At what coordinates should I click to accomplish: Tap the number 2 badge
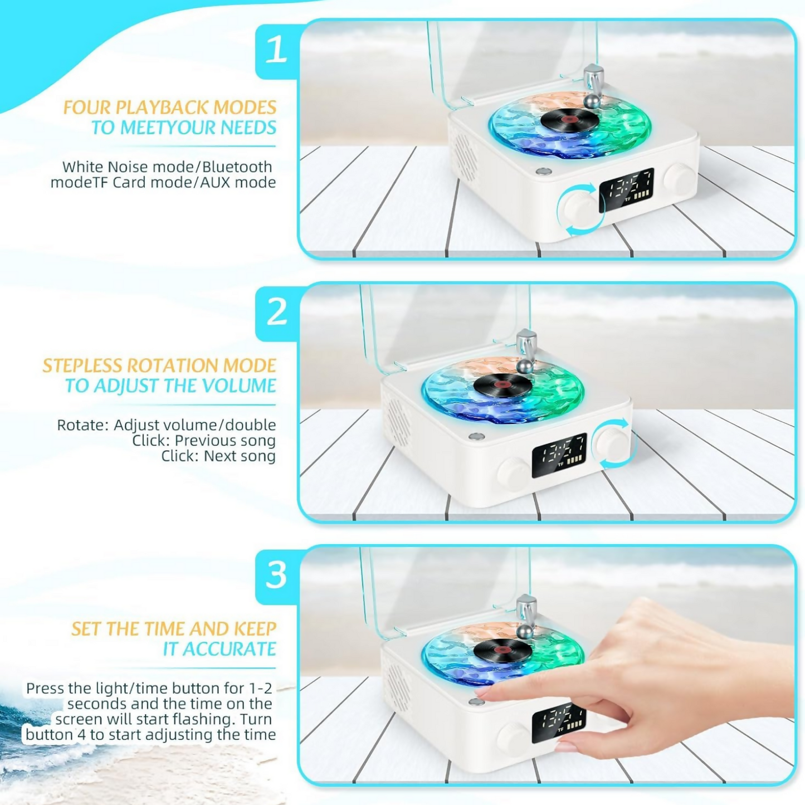pyautogui.click(x=276, y=312)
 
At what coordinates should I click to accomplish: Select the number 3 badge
pyautogui.click(x=276, y=575)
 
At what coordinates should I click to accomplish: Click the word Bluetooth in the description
pyautogui.click(x=237, y=167)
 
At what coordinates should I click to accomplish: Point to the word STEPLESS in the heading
pyautogui.click(x=84, y=365)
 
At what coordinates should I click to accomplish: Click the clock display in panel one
pyautogui.click(x=626, y=189)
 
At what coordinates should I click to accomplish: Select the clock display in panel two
pyautogui.click(x=559, y=455)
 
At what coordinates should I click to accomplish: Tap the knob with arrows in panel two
pyautogui.click(x=611, y=444)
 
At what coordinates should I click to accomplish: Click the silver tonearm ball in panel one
pyautogui.click(x=592, y=101)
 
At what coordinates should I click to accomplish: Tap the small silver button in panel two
pyautogui.click(x=476, y=436)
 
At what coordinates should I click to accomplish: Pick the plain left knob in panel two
pyautogui.click(x=513, y=474)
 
